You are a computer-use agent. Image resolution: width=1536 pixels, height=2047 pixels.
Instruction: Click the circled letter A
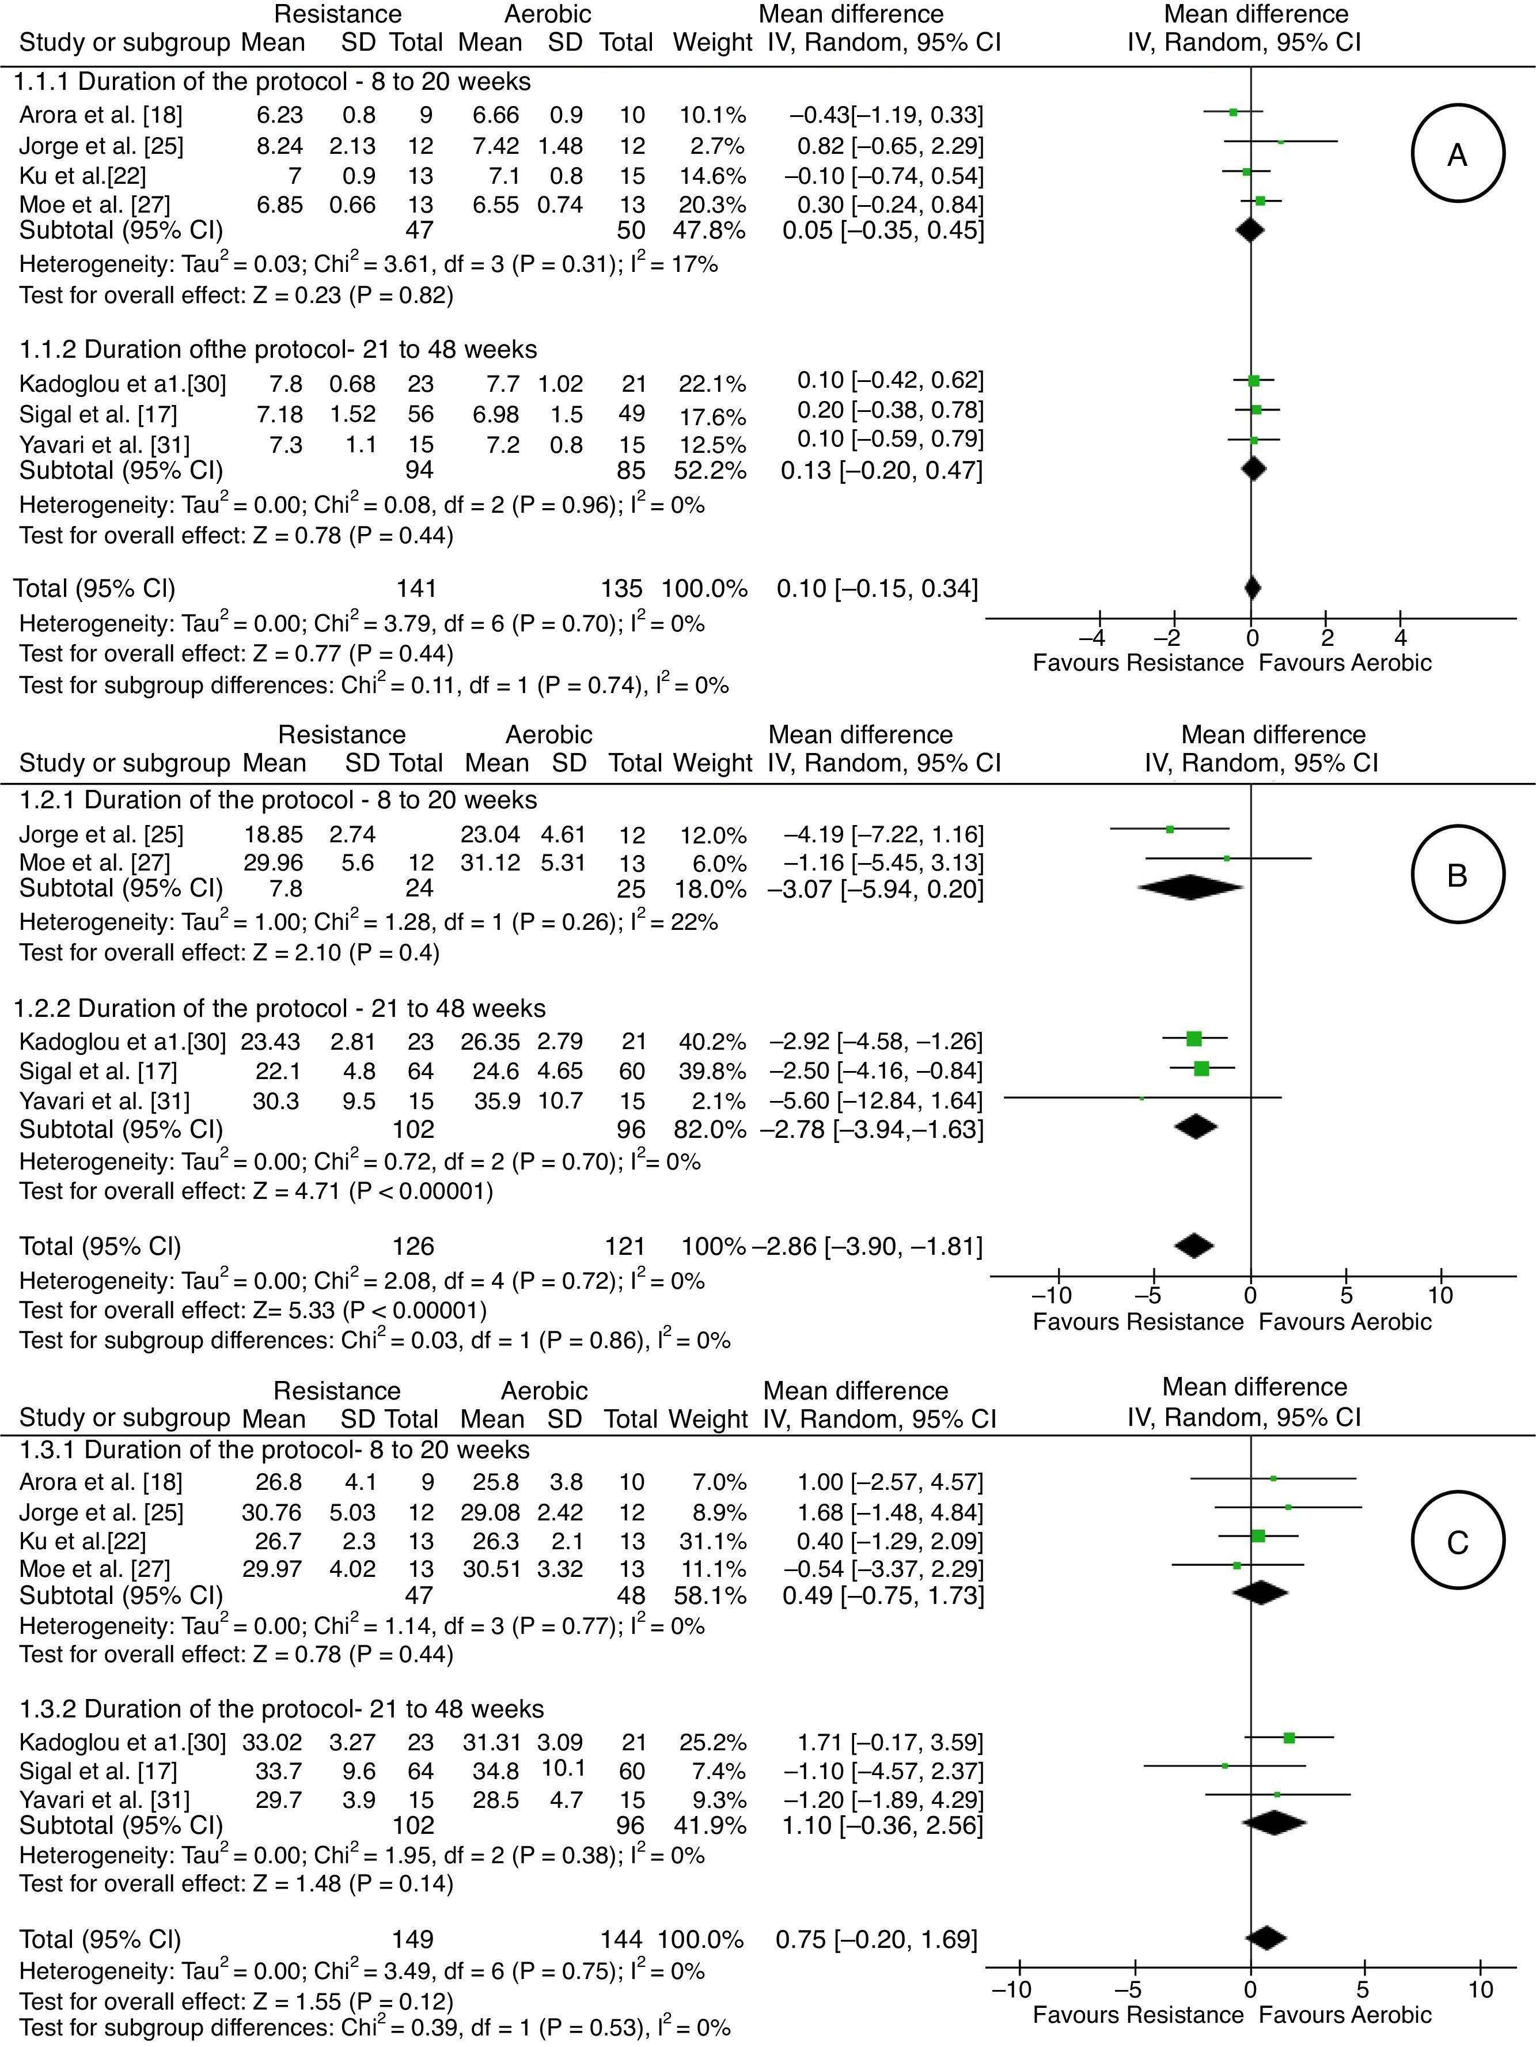(1457, 154)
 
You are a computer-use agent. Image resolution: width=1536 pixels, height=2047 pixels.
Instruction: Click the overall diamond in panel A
(1252, 588)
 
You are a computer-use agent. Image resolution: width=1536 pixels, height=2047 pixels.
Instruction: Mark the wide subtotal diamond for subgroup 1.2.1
(1191, 887)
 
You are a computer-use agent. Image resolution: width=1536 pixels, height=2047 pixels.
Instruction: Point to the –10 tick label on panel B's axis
(1051, 1294)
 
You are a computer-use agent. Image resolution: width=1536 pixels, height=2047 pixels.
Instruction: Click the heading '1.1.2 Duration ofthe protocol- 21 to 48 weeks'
(278, 349)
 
